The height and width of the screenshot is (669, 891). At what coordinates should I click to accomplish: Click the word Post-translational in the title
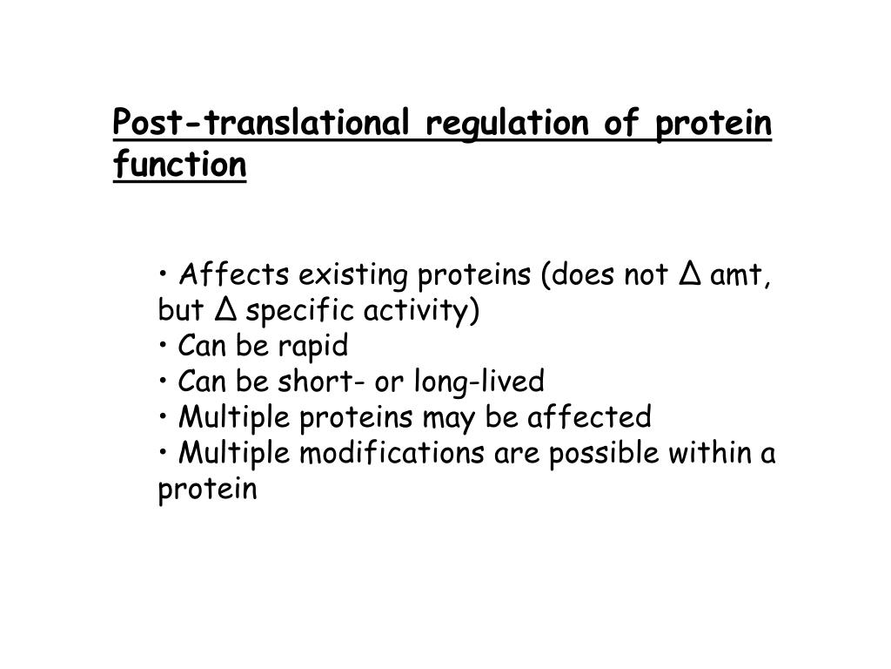coord(262,125)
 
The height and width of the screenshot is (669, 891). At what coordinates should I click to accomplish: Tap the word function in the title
coord(179,163)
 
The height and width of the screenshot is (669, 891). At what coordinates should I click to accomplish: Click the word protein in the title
coord(713,125)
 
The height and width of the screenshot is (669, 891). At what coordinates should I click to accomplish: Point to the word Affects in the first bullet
coord(234,276)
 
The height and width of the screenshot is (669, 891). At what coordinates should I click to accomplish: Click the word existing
coord(353,276)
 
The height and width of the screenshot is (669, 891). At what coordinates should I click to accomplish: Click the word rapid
coord(312,347)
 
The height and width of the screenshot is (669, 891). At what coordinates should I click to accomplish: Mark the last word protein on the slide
coord(208,490)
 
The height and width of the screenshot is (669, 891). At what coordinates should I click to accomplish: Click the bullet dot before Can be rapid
coord(164,347)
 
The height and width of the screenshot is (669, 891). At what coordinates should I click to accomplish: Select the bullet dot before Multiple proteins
coord(164,417)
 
